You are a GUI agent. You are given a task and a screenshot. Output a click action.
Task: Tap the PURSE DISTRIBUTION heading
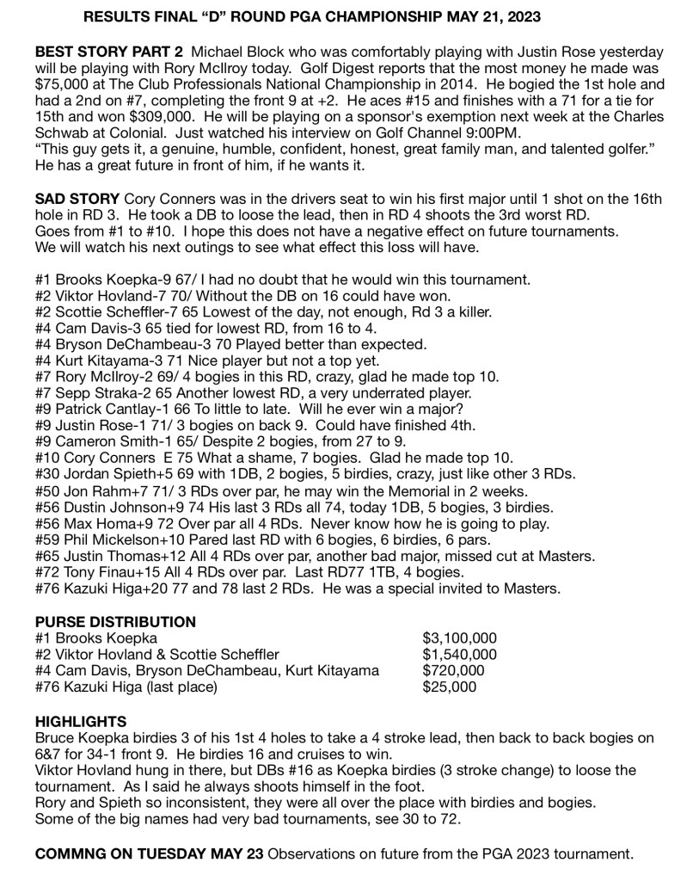click(115, 621)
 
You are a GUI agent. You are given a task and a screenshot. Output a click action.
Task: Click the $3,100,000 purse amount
click(460, 638)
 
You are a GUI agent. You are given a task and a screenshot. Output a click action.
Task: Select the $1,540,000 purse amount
click(460, 655)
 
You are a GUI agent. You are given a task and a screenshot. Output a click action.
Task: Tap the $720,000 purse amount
click(453, 671)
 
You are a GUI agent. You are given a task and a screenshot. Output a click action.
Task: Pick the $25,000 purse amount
click(449, 687)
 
